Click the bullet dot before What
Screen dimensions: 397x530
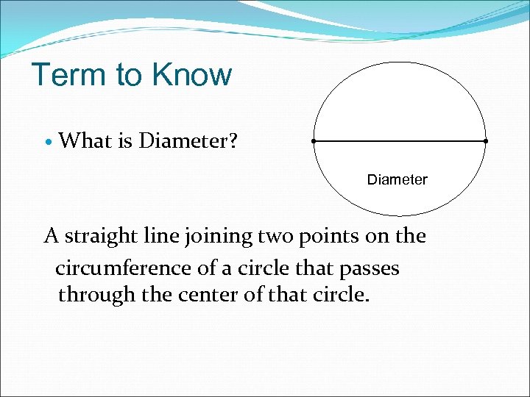[48, 141]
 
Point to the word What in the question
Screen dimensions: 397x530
[85, 140]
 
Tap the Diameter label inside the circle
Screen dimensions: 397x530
[397, 179]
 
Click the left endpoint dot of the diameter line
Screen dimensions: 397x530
[314, 140]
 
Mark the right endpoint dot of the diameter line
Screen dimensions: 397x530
[486, 140]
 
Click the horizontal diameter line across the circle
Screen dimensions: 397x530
[400, 140]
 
